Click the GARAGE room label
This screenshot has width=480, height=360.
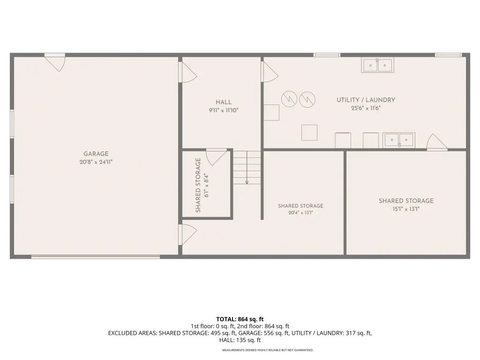point(96,154)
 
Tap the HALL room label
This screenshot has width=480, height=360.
point(224,102)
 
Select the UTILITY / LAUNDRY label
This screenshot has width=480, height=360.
point(366,100)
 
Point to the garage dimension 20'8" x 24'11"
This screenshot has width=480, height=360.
point(96,162)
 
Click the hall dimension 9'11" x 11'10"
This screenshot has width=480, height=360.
point(224,110)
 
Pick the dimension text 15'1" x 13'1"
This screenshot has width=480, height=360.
point(406,209)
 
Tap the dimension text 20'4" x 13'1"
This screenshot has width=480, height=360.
point(300,212)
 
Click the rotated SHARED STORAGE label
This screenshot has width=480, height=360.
point(198,185)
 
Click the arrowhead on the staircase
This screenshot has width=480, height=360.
point(247,182)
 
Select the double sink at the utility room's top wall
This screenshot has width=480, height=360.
point(377,65)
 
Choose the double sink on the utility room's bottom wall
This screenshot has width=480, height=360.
point(399,140)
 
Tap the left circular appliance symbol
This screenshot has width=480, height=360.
point(289,99)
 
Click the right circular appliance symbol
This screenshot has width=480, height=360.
point(307,99)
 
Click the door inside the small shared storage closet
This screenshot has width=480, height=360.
point(216,157)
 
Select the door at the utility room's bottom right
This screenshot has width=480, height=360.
point(437,142)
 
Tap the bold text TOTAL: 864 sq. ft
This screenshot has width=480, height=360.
point(240,319)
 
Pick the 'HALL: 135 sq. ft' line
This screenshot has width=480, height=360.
point(240,340)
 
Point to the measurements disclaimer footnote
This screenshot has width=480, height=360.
point(268,350)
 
